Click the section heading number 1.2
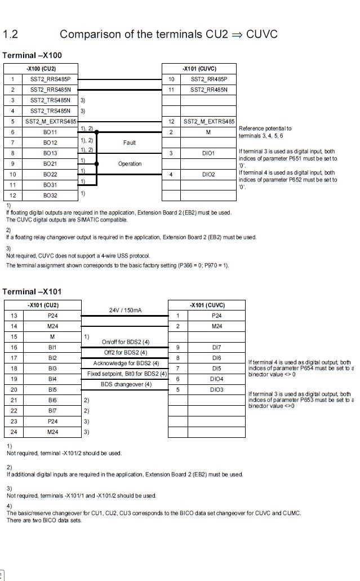[x=11, y=34]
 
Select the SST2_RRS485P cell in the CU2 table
[x=50, y=79]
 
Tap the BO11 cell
[x=50, y=132]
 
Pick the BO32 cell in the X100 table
[x=50, y=195]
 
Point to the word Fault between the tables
[x=129, y=143]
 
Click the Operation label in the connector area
[x=129, y=163]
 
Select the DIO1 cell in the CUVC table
[x=208, y=153]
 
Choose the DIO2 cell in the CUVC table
[x=208, y=174]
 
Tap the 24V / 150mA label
[x=125, y=310]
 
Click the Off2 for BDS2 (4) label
[x=125, y=352]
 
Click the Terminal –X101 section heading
[x=32, y=291]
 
